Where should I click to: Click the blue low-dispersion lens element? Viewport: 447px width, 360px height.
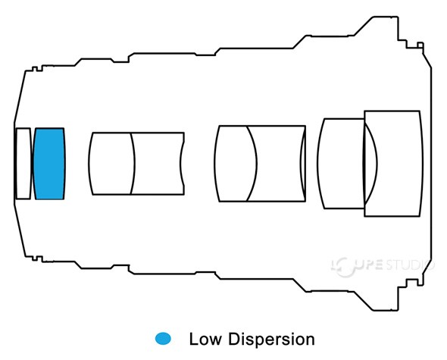click(x=49, y=164)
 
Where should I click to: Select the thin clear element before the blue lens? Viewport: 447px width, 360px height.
click(x=23, y=164)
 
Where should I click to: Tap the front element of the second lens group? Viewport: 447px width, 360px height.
click(x=111, y=164)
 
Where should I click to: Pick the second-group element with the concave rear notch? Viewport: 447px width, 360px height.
click(x=158, y=164)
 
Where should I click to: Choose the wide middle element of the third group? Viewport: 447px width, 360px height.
click(x=277, y=164)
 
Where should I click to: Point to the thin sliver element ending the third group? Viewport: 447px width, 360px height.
click(x=304, y=164)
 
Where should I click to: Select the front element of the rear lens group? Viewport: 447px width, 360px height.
click(x=341, y=163)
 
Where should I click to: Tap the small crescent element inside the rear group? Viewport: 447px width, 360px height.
click(x=371, y=163)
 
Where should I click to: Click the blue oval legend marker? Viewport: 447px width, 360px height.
click(x=162, y=338)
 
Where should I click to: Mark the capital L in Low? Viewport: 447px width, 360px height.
click(x=192, y=339)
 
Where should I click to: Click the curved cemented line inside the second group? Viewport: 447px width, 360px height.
click(x=133, y=164)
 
